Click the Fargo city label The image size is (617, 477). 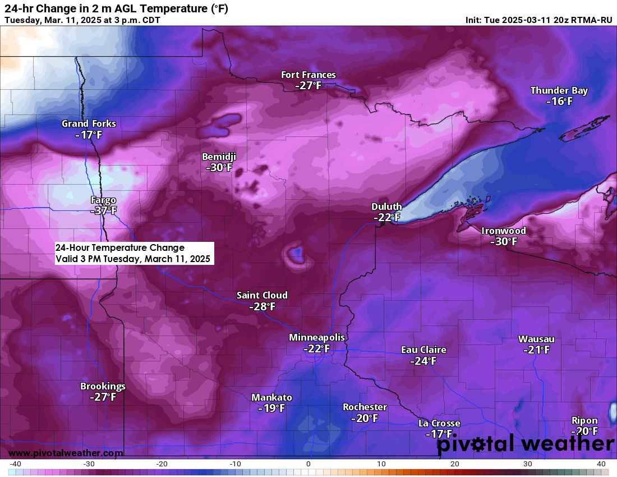pos(103,200)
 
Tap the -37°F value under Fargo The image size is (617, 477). pos(103,211)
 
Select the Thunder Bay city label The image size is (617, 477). pos(559,90)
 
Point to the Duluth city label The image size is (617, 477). pos(386,207)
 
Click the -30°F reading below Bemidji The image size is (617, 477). pos(219,167)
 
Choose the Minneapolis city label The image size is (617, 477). pos(317,337)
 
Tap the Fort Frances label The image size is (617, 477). pos(308,75)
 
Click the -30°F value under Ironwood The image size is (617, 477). pos(503,241)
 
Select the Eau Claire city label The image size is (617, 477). pos(423,350)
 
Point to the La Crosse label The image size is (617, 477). pos(439,423)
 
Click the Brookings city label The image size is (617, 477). pos(103,386)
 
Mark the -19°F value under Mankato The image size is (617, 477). pos(271,408)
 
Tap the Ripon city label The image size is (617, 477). pos(584,420)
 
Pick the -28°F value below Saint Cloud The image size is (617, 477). pos(262,306)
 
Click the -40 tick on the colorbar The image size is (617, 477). pos(15,464)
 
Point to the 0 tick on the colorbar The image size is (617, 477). pos(308,464)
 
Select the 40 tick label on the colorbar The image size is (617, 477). pos(601,464)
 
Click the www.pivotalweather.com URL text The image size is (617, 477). pos(66,452)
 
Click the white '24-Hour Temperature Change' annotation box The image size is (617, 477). pos(133,253)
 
